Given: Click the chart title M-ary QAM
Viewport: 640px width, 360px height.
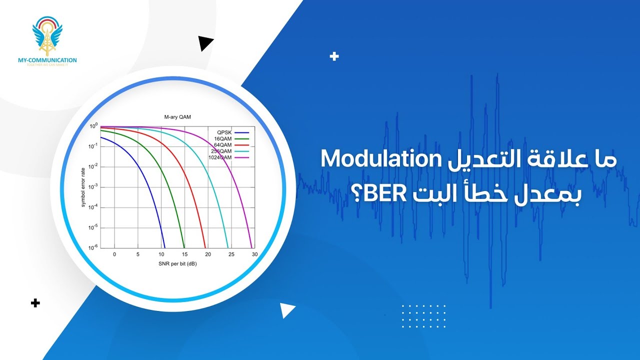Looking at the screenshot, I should (178, 117).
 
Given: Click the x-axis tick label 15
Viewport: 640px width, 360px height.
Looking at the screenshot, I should (184, 254).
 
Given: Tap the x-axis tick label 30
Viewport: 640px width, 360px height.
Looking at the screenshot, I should (254, 254).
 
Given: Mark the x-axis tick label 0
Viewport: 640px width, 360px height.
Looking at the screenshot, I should (114, 254).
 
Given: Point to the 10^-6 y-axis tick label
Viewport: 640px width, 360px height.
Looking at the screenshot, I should (93, 247).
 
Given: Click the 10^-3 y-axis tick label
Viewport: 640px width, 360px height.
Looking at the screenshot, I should (93, 186).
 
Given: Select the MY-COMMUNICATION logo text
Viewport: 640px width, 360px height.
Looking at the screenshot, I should (47, 60).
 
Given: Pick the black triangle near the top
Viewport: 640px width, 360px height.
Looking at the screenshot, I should (205, 44).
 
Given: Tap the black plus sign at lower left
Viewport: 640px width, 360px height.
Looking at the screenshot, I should (35, 303).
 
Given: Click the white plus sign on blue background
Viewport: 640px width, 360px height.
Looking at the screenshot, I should (334, 56).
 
